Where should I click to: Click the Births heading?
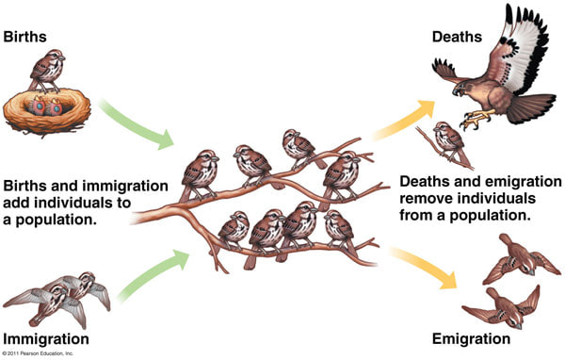point(25,38)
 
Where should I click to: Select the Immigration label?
point(47,338)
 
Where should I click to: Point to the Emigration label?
point(470,338)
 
